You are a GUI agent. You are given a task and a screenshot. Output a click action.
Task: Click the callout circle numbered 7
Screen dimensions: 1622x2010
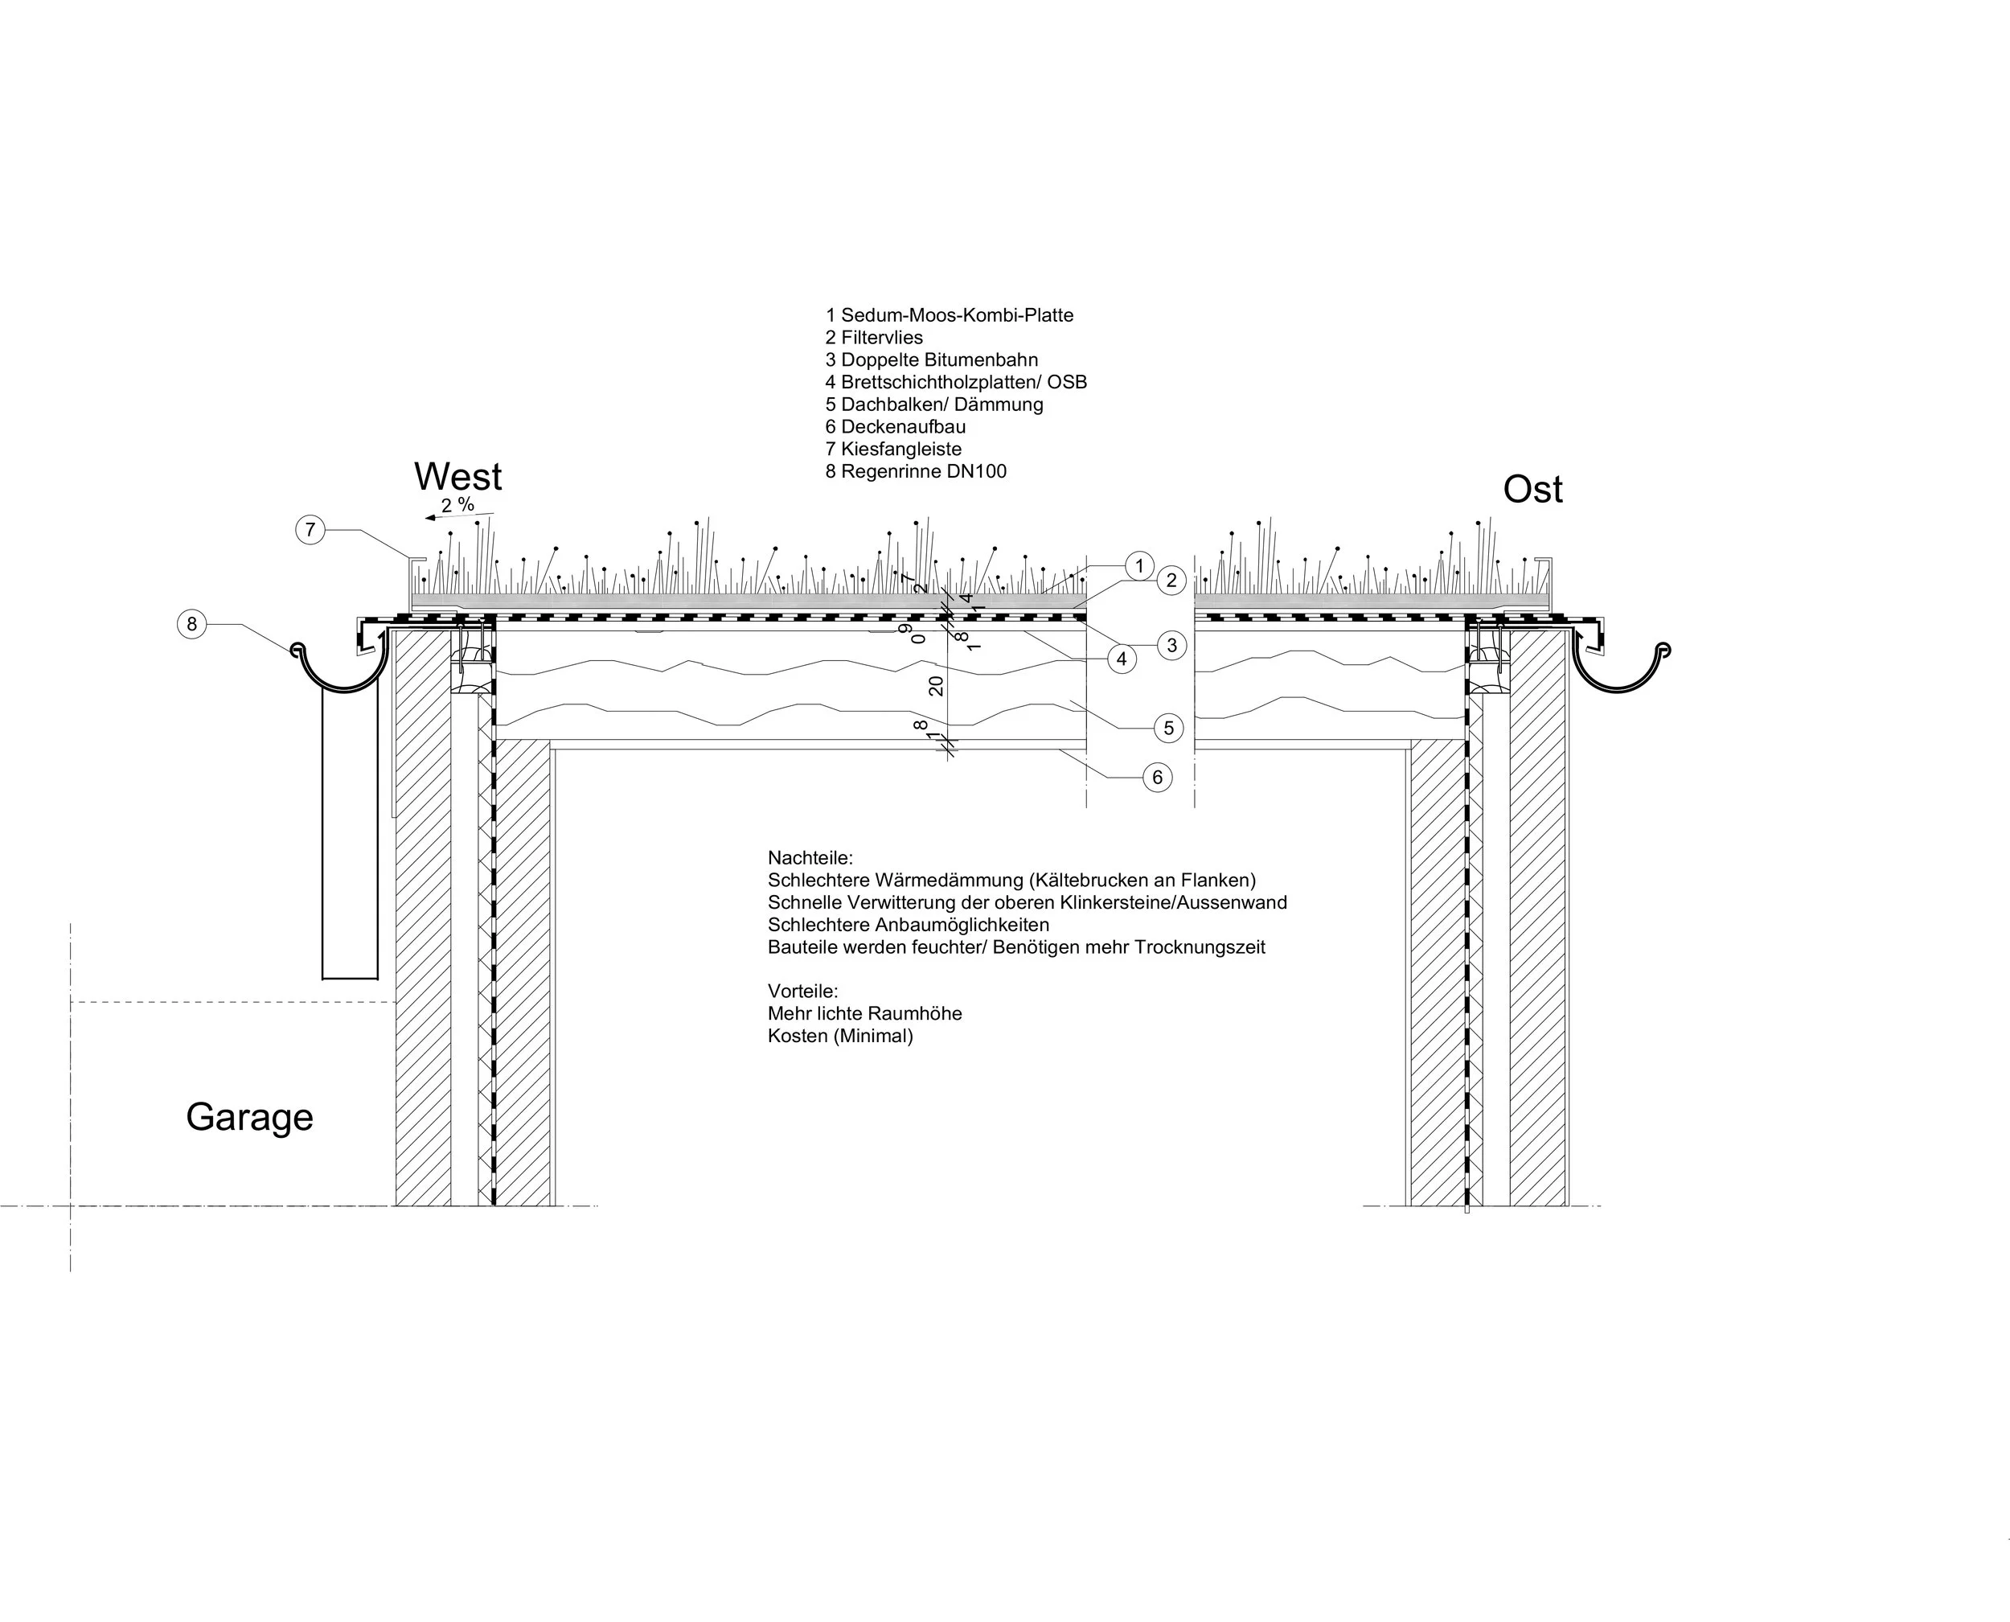(x=310, y=531)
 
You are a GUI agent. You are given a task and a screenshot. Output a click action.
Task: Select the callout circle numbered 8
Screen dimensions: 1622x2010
(x=191, y=624)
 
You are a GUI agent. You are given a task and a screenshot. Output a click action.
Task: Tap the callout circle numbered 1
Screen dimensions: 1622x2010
(x=1138, y=565)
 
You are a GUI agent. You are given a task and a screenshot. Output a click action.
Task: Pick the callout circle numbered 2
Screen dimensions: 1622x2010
(x=1171, y=581)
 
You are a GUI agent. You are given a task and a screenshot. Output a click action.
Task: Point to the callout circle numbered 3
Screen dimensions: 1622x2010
(x=1171, y=645)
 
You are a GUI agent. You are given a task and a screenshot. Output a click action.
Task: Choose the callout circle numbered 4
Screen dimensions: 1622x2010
(x=1122, y=659)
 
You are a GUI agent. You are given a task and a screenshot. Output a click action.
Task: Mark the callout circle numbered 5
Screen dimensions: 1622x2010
(x=1168, y=728)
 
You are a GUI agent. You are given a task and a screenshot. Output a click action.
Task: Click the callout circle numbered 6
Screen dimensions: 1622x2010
(x=1157, y=778)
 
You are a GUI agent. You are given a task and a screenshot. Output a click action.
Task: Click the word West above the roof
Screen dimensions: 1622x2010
(x=457, y=478)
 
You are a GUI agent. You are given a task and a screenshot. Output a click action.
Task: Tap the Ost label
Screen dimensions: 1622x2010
(x=1532, y=490)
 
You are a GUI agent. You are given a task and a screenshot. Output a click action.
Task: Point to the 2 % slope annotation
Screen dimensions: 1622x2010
(x=457, y=506)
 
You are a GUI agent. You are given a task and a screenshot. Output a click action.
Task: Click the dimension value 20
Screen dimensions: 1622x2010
(x=936, y=685)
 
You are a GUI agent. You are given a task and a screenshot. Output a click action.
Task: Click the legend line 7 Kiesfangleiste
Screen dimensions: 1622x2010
(x=893, y=450)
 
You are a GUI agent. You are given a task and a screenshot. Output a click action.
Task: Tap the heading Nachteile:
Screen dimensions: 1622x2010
(x=810, y=858)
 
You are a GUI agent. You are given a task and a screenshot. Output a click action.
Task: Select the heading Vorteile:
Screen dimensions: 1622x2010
(x=802, y=992)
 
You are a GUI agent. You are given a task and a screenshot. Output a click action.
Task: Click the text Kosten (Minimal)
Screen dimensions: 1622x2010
(x=839, y=1037)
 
